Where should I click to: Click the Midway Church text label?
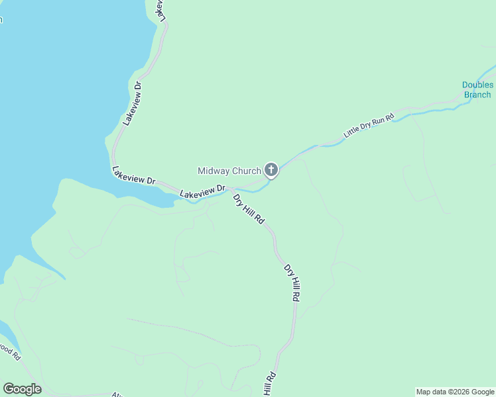point(229,171)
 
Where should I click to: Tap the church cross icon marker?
point(271,170)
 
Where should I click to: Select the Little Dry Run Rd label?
point(369,125)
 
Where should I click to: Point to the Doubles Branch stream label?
point(477,90)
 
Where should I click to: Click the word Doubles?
point(477,85)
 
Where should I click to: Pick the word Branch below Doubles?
point(477,95)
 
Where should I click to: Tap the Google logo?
point(22,389)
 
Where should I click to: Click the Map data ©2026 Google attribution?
point(456,392)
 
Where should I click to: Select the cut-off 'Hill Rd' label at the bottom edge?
point(269,384)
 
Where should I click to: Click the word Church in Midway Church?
point(246,171)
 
